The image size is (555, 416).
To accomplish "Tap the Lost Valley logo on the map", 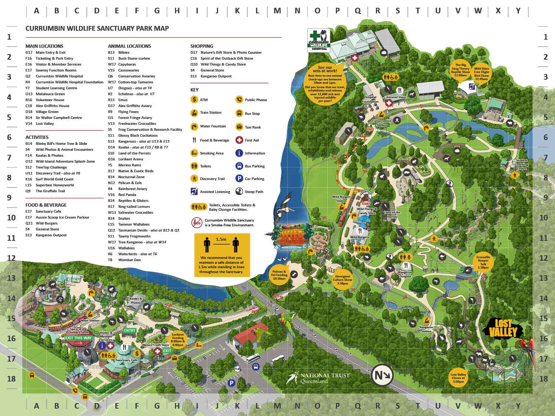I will coord(502,328).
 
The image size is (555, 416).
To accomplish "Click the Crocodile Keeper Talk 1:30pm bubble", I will coord(483,262).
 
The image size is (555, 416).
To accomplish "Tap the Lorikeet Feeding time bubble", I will coord(178,339).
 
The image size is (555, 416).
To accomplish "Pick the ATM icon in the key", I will coord(194,100).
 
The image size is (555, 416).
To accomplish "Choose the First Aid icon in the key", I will coord(239,140).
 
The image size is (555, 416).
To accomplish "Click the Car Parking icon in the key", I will coord(239,179).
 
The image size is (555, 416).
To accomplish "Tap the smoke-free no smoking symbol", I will coord(196,223).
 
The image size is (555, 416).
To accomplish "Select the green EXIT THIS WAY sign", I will coord(79,338).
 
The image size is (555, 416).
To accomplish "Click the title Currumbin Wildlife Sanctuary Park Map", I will coord(97,29).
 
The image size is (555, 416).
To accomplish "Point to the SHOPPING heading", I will coord(202,46).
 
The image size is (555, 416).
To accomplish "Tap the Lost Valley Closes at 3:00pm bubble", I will coord(458,378).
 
